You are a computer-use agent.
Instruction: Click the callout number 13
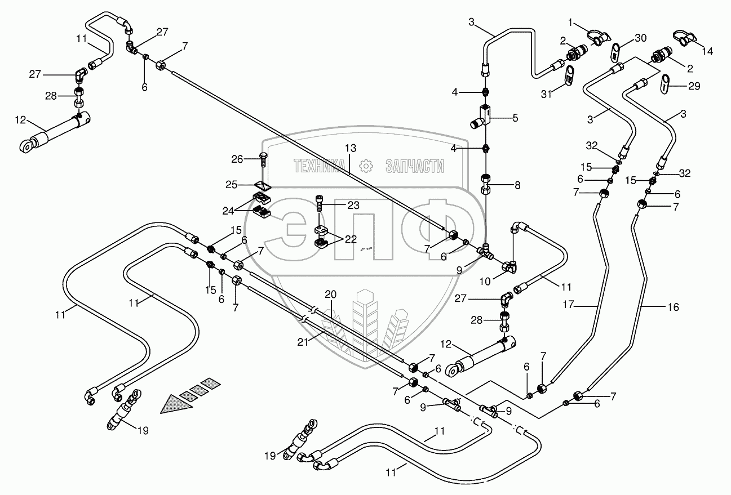(351, 148)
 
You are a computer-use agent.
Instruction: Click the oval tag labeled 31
(570, 75)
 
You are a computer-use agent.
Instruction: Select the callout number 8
(517, 184)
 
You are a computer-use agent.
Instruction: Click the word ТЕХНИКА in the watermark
(319, 166)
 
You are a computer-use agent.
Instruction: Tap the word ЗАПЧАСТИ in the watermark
(414, 166)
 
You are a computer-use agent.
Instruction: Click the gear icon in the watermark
(366, 166)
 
